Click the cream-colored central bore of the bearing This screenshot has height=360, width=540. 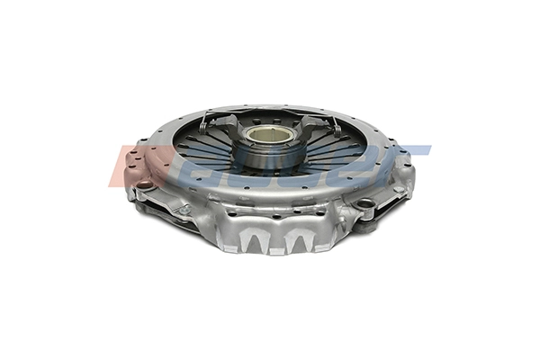(x=271, y=134)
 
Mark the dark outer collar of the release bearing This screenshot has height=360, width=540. (x=271, y=155)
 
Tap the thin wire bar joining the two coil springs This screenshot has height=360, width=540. (x=270, y=112)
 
